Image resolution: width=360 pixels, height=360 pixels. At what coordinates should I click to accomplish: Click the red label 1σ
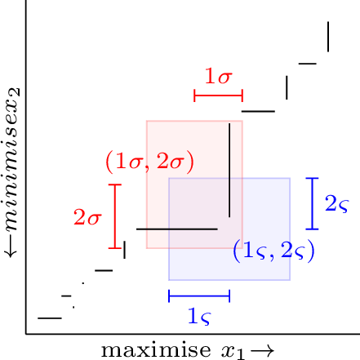click(x=219, y=76)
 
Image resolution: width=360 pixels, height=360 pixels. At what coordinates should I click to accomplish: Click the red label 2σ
click(x=87, y=217)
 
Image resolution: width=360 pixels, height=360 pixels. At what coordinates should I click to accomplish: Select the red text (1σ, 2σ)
click(x=149, y=162)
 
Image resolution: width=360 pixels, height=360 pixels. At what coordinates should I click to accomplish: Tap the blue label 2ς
click(x=337, y=204)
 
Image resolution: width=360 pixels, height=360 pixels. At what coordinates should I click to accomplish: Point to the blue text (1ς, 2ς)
click(x=273, y=251)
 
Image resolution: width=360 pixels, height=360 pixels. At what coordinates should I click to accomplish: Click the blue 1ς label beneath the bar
click(x=199, y=317)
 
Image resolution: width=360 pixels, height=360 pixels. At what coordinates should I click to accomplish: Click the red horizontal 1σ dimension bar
click(x=219, y=96)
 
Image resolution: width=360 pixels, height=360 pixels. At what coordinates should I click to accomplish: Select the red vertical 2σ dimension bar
click(x=115, y=216)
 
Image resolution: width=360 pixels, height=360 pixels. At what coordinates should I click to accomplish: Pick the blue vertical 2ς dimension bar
click(x=312, y=203)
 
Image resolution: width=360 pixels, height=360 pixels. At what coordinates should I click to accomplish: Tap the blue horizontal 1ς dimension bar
click(x=199, y=296)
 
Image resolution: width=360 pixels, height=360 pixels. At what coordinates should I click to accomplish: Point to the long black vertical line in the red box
click(x=229, y=171)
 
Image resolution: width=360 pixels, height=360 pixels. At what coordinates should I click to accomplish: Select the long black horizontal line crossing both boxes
click(x=177, y=229)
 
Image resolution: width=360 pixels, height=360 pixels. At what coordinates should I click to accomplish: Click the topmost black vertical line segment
click(x=328, y=37)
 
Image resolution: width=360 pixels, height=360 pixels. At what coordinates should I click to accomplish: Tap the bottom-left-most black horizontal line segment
click(x=50, y=318)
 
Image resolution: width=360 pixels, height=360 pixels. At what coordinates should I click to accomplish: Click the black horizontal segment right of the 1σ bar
click(x=258, y=111)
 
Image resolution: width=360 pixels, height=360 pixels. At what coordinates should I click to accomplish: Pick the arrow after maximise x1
click(x=262, y=351)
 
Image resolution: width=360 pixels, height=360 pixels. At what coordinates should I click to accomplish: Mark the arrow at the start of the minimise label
click(x=11, y=247)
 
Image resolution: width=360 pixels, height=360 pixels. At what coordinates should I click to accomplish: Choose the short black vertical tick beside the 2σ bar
click(x=124, y=250)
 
